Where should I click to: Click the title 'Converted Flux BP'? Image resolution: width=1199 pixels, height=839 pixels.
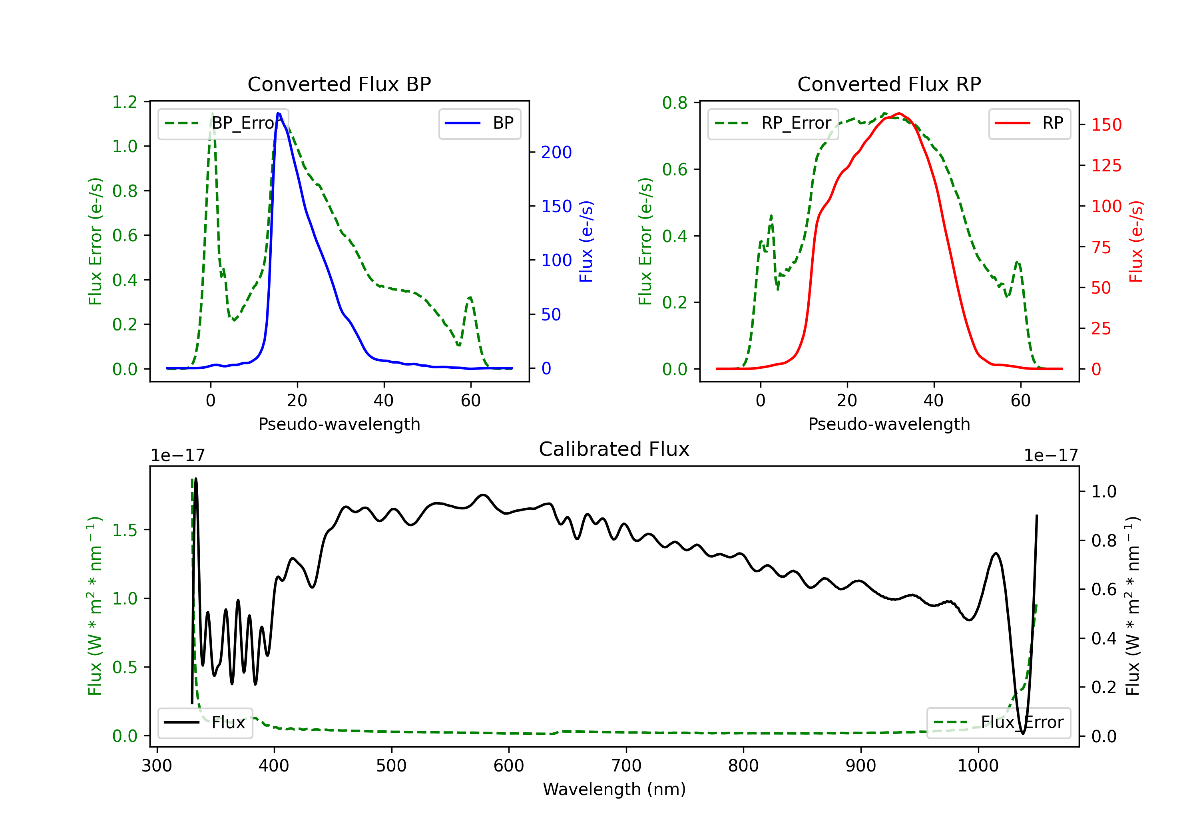click(339, 84)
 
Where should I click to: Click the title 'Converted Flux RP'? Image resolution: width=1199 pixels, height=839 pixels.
click(889, 84)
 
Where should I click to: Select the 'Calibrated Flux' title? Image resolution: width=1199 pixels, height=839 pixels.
click(614, 449)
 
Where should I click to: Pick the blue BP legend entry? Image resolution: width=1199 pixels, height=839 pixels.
click(479, 123)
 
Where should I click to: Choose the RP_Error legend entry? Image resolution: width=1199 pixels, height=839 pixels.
click(773, 123)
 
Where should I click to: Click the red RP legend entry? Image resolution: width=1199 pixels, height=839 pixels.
click(1029, 123)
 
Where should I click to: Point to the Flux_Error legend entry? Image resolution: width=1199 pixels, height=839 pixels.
click(998, 723)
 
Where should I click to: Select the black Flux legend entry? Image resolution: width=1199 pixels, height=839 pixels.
click(205, 723)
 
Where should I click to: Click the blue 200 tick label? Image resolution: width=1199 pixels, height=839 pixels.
click(556, 153)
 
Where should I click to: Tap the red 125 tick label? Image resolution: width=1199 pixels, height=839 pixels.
click(1106, 165)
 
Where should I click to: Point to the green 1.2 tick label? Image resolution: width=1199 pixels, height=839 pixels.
click(125, 102)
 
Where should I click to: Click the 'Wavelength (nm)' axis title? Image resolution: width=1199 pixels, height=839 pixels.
click(614, 789)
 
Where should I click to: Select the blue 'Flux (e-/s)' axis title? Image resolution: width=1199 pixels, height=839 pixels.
click(586, 241)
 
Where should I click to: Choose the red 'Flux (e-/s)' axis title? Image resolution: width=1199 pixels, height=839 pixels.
click(1136, 241)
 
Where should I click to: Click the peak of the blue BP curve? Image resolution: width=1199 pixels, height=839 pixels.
click(278, 113)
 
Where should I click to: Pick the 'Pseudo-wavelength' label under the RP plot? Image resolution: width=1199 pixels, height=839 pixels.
click(889, 424)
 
